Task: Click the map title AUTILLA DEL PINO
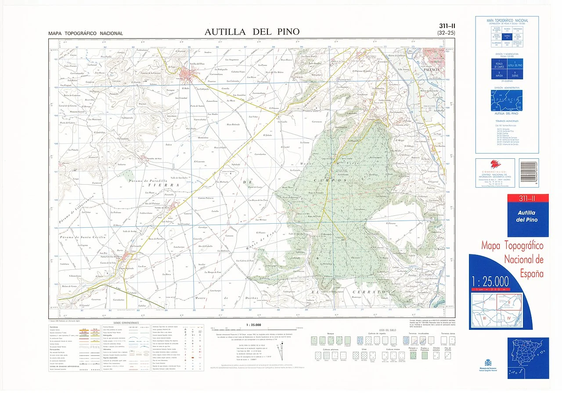252,32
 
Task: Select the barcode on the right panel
528,173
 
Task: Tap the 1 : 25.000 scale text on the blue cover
490,281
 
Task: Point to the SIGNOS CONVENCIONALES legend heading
126,323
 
